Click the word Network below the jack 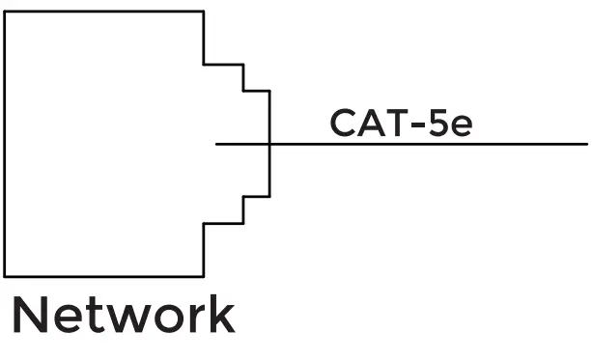pyautogui.click(x=123, y=317)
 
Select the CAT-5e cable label pyautogui.click(x=401, y=124)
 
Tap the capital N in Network pyautogui.click(x=30, y=317)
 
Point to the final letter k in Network pyautogui.click(x=219, y=317)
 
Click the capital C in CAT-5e pyautogui.click(x=344, y=124)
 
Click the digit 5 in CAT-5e pyautogui.click(x=439, y=124)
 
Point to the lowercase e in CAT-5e pyautogui.click(x=463, y=126)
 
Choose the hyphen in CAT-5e pyautogui.click(x=419, y=125)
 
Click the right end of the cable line pyautogui.click(x=585, y=145)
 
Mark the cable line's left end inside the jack pyautogui.click(x=217, y=145)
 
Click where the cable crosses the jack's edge pyautogui.click(x=269, y=145)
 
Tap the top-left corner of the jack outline pyautogui.click(x=6, y=12)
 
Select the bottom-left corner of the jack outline pyautogui.click(x=6, y=275)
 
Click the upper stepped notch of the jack pyautogui.click(x=242, y=78)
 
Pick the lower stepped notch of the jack pyautogui.click(x=242, y=209)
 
